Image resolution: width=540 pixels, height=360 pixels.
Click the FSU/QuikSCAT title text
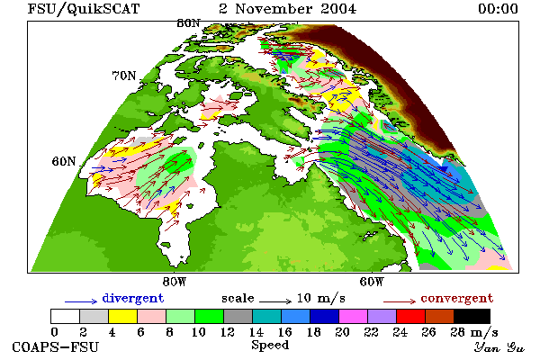(x=84, y=9)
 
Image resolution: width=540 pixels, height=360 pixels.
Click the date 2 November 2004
(x=288, y=9)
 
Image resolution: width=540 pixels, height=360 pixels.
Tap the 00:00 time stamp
(x=498, y=9)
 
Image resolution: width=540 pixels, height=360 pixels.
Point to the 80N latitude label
(x=188, y=23)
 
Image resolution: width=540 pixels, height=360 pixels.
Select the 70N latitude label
(x=124, y=76)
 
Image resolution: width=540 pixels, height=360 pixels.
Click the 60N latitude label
(x=64, y=161)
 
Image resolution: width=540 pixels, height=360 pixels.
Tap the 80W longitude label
(x=175, y=282)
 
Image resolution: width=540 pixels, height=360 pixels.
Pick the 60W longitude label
(x=372, y=282)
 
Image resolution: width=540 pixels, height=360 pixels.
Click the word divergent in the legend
(x=133, y=298)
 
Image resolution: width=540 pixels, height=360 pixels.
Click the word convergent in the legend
(x=457, y=298)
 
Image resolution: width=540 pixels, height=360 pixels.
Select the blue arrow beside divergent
(x=81, y=301)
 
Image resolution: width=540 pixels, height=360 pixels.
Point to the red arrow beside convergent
(x=400, y=301)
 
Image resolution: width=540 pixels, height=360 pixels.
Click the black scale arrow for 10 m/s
(x=275, y=301)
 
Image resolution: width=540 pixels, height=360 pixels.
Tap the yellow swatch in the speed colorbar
(x=123, y=316)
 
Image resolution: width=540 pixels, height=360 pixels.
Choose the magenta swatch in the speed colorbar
(x=354, y=316)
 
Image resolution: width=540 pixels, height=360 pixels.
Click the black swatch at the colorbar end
(x=472, y=316)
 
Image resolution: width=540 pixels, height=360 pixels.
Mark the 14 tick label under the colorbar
(x=256, y=332)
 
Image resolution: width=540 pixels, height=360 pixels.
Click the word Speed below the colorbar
(x=270, y=345)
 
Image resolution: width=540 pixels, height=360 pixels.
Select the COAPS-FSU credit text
(x=56, y=347)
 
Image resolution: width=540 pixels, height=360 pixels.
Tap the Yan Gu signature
(x=499, y=347)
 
